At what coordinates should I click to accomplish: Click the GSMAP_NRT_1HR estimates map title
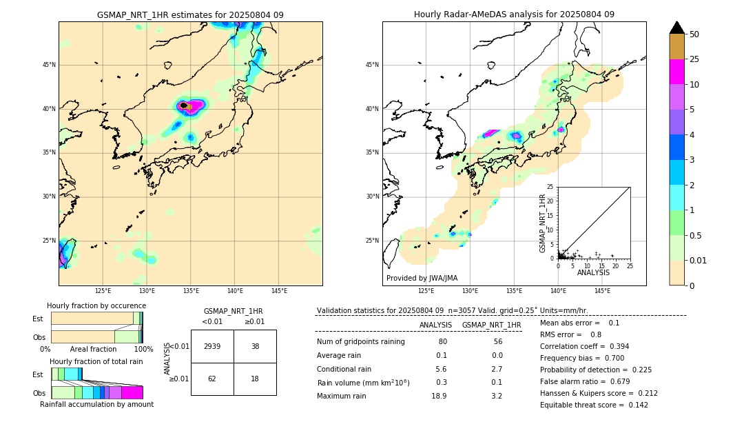pyautogui.click(x=190, y=14)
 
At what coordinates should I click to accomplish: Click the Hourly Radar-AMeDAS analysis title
pyautogui.click(x=514, y=14)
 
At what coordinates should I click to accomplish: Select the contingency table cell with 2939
pyautogui.click(x=212, y=346)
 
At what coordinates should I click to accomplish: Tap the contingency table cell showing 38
pyautogui.click(x=255, y=346)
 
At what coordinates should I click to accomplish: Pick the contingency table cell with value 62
pyautogui.click(x=212, y=379)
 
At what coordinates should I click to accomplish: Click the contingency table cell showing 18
pyautogui.click(x=255, y=379)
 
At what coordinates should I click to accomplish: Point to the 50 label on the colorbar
pyautogui.click(x=694, y=34)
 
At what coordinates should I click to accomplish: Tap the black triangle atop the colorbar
pyautogui.click(x=677, y=28)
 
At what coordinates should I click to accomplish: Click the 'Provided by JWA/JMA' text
pyautogui.click(x=422, y=279)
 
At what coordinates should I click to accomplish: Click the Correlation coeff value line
pyautogui.click(x=584, y=346)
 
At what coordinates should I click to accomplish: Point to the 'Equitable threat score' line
pyautogui.click(x=594, y=405)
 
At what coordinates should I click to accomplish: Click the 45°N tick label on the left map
pyautogui.click(x=48, y=65)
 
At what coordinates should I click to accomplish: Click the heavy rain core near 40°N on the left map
pyautogui.click(x=185, y=105)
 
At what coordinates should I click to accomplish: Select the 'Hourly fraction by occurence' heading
pyautogui.click(x=96, y=305)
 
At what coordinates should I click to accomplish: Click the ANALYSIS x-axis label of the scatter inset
pyautogui.click(x=593, y=272)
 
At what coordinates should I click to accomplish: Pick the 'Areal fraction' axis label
pyautogui.click(x=94, y=350)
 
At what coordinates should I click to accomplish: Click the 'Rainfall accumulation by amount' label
pyautogui.click(x=96, y=405)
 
